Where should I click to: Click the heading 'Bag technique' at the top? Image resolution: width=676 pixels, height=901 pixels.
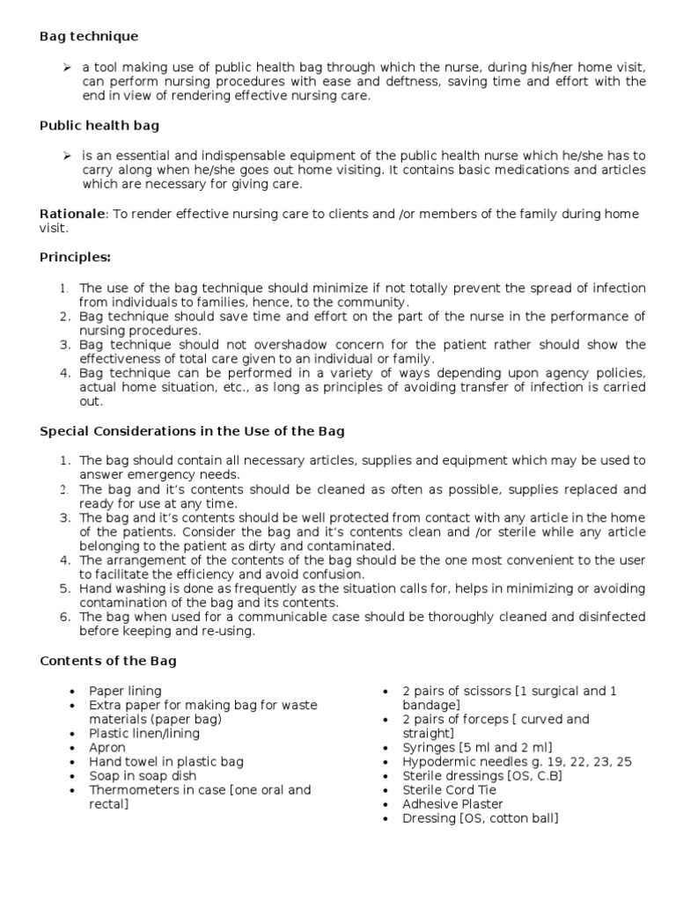coord(89,36)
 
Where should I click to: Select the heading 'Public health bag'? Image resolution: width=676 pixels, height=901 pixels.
coord(99,126)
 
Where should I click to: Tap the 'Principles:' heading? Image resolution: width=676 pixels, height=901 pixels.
coord(76,258)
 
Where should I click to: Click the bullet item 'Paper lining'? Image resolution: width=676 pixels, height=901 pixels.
coord(125,691)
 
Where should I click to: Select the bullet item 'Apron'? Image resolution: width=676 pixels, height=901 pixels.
coord(107,747)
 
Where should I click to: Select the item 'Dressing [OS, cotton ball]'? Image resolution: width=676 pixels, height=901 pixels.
coord(480,817)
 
